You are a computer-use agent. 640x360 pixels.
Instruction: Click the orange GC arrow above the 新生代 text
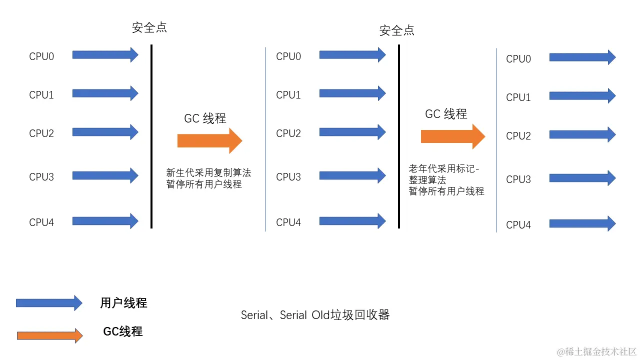(x=209, y=141)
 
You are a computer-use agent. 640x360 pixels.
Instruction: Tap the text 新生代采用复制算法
(x=208, y=173)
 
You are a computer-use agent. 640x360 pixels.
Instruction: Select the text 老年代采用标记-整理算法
(x=444, y=174)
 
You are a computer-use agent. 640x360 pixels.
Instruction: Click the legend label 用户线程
(x=123, y=303)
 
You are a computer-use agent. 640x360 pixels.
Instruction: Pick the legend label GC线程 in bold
(x=123, y=331)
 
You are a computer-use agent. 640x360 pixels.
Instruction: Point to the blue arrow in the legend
(x=49, y=302)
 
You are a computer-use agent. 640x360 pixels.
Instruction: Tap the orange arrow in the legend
(x=49, y=335)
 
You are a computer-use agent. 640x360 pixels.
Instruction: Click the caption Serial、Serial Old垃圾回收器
(x=315, y=315)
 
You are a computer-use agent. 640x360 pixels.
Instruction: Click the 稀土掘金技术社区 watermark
(x=596, y=351)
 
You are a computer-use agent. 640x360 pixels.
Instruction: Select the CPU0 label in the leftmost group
(x=41, y=56)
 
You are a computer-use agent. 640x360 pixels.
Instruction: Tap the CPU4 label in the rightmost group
(x=518, y=225)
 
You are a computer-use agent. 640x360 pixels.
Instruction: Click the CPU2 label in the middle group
(x=288, y=133)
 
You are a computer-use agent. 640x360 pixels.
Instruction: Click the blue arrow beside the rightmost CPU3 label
(x=582, y=178)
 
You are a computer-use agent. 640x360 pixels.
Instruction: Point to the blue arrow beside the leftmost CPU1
(x=105, y=93)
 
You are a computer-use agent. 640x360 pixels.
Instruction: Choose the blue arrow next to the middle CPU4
(x=352, y=221)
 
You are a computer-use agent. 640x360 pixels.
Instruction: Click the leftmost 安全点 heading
(x=149, y=27)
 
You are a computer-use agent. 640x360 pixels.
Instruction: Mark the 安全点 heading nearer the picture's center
(x=397, y=30)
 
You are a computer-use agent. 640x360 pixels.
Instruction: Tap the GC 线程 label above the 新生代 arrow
(x=205, y=118)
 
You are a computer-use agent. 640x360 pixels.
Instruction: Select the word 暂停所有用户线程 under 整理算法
(x=446, y=191)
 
